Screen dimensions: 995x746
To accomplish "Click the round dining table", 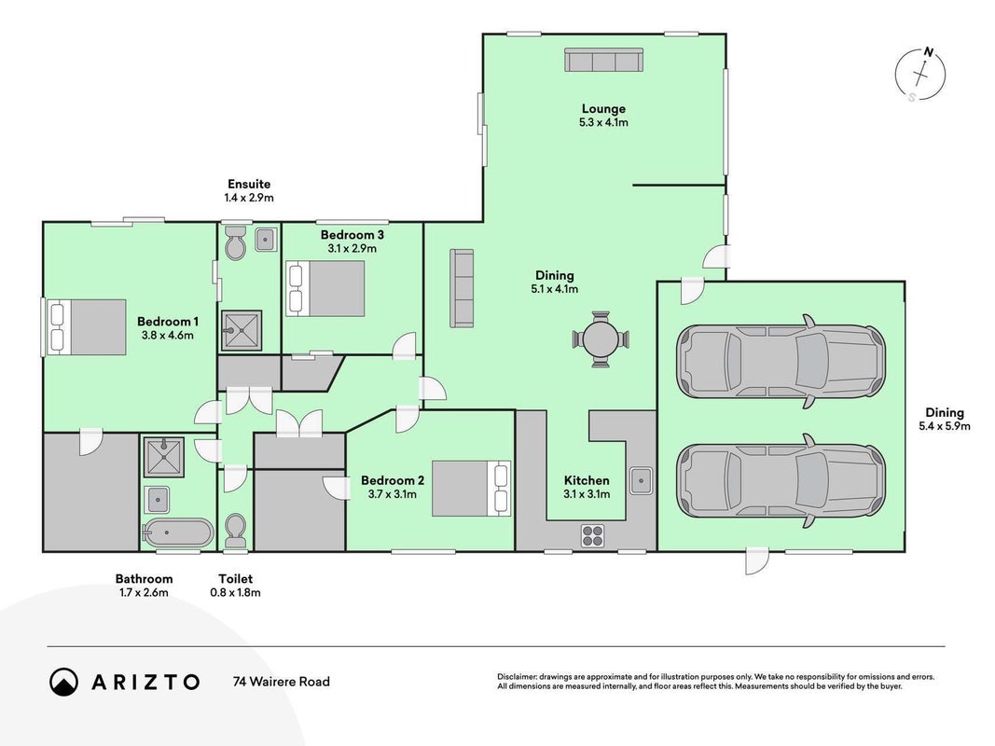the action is pyautogui.click(x=601, y=339).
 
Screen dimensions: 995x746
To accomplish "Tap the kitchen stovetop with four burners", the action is pyautogui.click(x=593, y=535).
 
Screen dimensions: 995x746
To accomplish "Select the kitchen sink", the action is pyautogui.click(x=641, y=480).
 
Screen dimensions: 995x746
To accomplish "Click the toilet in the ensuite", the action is pyautogui.click(x=235, y=242).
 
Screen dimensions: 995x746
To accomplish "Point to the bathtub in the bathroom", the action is pyautogui.click(x=178, y=533).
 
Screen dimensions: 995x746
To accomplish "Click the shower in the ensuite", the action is pyautogui.click(x=242, y=330).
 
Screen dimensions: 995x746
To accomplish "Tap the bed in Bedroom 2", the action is pyautogui.click(x=471, y=489).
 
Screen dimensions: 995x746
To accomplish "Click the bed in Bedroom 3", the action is pyautogui.click(x=325, y=288).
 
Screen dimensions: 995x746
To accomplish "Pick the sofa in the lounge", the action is pyautogui.click(x=604, y=61).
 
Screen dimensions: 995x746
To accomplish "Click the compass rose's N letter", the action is pyautogui.click(x=929, y=52).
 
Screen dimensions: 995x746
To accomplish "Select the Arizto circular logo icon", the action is pyautogui.click(x=63, y=682).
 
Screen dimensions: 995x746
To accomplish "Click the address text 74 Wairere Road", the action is pyautogui.click(x=281, y=682).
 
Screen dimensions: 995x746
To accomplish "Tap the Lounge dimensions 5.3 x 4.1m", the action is pyautogui.click(x=603, y=122).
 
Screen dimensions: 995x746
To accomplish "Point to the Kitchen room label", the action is pyautogui.click(x=587, y=480).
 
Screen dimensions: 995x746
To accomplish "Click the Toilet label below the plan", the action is pyautogui.click(x=235, y=578).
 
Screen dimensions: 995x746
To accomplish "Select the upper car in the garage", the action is pyautogui.click(x=781, y=362).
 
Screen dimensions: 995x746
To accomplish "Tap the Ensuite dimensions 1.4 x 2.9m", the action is pyautogui.click(x=249, y=198).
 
